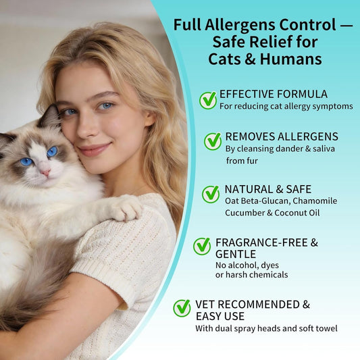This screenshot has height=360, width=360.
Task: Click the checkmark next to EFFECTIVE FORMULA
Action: point(208,100)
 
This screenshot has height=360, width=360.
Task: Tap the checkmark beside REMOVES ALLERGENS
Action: point(213,141)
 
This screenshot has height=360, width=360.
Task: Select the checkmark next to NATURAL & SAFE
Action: point(211,194)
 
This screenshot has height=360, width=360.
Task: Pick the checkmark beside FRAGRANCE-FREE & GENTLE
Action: point(202,246)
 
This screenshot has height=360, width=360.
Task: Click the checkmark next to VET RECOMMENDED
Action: point(182,308)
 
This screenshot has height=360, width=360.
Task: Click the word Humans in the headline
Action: point(290,59)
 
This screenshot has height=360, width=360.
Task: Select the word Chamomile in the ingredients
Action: point(315,201)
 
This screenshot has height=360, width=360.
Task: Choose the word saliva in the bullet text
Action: point(324,149)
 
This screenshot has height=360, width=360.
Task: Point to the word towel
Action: point(327,328)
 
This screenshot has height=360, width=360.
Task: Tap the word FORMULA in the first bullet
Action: point(302,94)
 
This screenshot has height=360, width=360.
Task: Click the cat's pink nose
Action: point(46,172)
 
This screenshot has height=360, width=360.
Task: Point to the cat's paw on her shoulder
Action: point(125,209)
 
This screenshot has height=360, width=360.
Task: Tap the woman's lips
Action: point(94,149)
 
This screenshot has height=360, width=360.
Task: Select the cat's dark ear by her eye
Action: point(50,117)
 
